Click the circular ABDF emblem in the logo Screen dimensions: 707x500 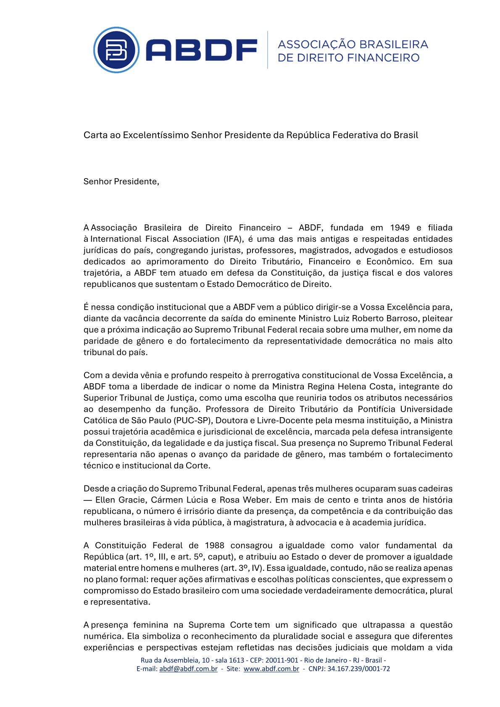tap(116, 50)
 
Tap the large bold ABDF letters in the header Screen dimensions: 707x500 tap(201, 50)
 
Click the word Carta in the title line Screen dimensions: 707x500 tap(95, 135)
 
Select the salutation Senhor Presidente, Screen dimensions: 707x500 tap(121, 181)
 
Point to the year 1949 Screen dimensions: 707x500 tap(400, 228)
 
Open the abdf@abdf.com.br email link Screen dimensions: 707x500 tap(188, 669)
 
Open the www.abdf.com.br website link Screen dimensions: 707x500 tap(271, 669)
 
